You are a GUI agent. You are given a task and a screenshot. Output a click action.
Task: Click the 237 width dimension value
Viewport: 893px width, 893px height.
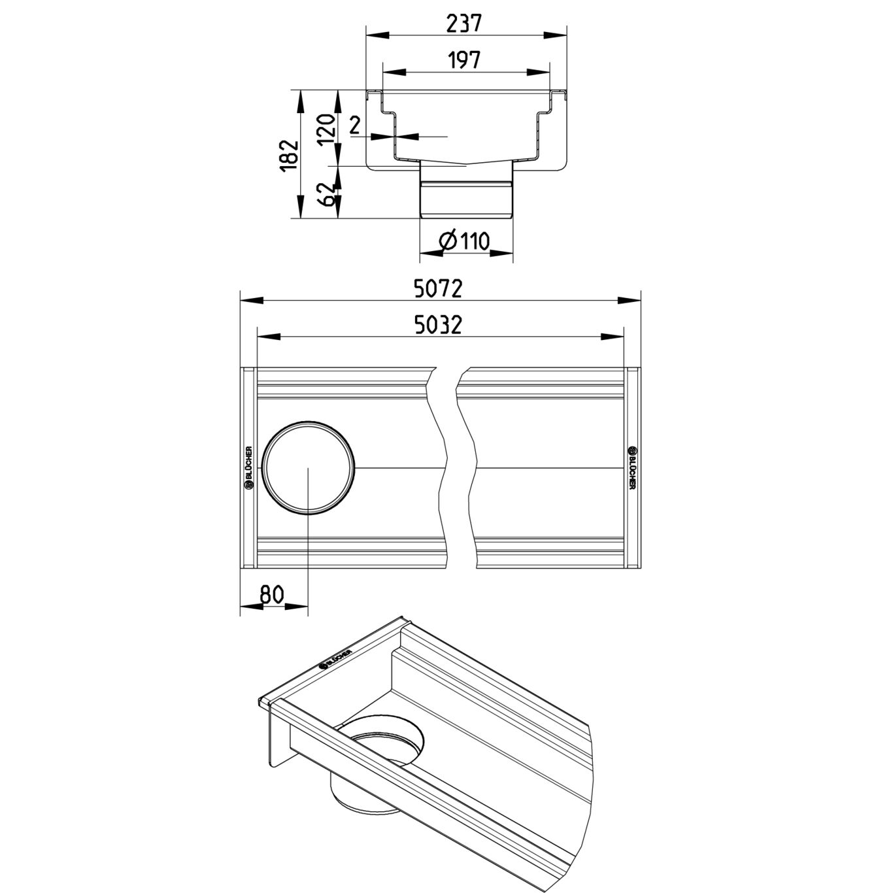click(464, 23)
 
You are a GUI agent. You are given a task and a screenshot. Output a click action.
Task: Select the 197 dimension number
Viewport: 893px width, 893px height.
click(464, 60)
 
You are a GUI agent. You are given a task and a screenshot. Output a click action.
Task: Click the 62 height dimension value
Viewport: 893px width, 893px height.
click(327, 194)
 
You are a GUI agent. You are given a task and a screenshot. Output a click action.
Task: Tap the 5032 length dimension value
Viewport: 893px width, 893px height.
click(438, 326)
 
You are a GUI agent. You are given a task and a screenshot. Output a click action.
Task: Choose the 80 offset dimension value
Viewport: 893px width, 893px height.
click(271, 594)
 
